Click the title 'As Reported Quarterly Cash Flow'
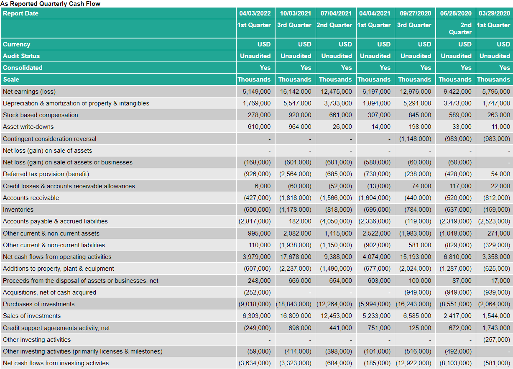(x=50, y=4)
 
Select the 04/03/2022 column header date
(x=255, y=13)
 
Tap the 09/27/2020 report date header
(x=415, y=13)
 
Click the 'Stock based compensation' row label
(x=41, y=115)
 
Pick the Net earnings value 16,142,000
(x=296, y=92)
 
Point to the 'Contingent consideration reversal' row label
(x=49, y=139)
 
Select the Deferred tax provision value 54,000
(x=500, y=174)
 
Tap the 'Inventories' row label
(x=18, y=210)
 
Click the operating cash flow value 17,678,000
(x=296, y=257)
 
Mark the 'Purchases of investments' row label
(x=39, y=304)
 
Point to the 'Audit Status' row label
(x=21, y=56)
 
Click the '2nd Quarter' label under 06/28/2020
(x=460, y=28)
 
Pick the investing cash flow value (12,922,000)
(x=413, y=363)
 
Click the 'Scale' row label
(x=11, y=79)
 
